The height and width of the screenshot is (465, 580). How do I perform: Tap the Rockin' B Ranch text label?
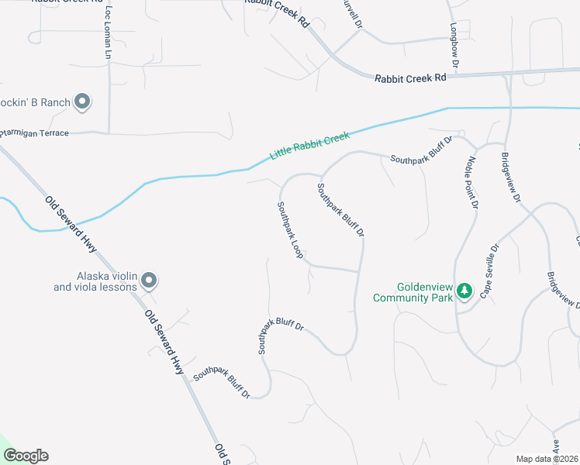pyautogui.click(x=36, y=102)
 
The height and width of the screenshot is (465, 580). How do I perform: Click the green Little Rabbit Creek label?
pyautogui.click(x=310, y=146)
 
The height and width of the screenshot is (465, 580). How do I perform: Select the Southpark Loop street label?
pyautogui.click(x=290, y=230)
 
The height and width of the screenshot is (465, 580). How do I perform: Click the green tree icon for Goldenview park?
pyautogui.click(x=464, y=291)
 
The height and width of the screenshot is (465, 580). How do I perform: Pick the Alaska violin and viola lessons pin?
pyautogui.click(x=150, y=281)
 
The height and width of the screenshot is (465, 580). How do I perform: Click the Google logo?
pyautogui.click(x=26, y=456)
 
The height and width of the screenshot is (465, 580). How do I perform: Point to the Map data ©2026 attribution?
pyautogui.click(x=547, y=459)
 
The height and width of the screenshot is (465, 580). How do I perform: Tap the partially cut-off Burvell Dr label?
pyautogui.click(x=352, y=13)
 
